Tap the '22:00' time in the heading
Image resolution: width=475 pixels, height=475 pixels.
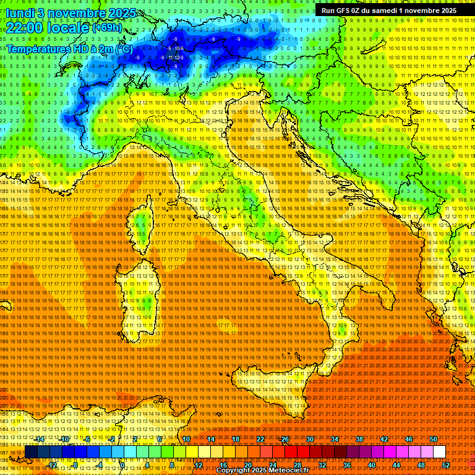point(24,28)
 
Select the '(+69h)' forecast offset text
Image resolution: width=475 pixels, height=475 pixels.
point(108,28)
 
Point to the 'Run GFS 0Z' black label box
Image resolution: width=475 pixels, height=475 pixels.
point(389,10)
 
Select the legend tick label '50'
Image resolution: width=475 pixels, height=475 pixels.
point(434,439)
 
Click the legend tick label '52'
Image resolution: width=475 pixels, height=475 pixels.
point(445,465)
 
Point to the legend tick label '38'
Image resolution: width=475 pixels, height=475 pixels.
point(359,439)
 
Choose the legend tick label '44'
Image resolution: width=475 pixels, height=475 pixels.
point(396,465)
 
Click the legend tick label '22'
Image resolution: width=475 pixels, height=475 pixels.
point(260,439)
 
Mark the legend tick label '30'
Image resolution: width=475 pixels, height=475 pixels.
point(310,439)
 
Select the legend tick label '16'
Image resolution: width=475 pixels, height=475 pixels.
point(223,465)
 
